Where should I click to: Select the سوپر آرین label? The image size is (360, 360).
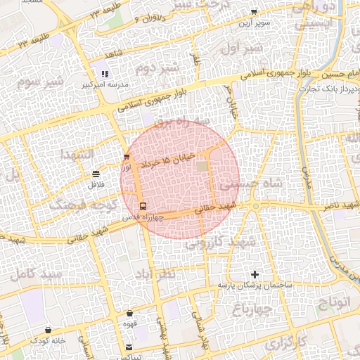click(254, 22)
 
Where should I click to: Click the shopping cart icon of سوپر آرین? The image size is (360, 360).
click(254, 11)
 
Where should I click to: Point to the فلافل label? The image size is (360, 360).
click(96, 185)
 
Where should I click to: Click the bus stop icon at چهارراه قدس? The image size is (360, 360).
click(143, 207)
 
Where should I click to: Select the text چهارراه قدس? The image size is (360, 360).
click(144, 217)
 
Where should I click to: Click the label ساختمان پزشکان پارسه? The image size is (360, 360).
click(255, 285)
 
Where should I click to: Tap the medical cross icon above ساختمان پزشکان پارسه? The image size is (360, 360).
click(255, 274)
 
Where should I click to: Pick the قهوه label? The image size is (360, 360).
click(130, 325)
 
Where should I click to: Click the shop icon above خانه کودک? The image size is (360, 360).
click(48, 330)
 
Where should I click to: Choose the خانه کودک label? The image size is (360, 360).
click(48, 340)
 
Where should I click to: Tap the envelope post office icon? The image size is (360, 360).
click(129, 347)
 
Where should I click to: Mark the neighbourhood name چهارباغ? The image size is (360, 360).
click(252, 310)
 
